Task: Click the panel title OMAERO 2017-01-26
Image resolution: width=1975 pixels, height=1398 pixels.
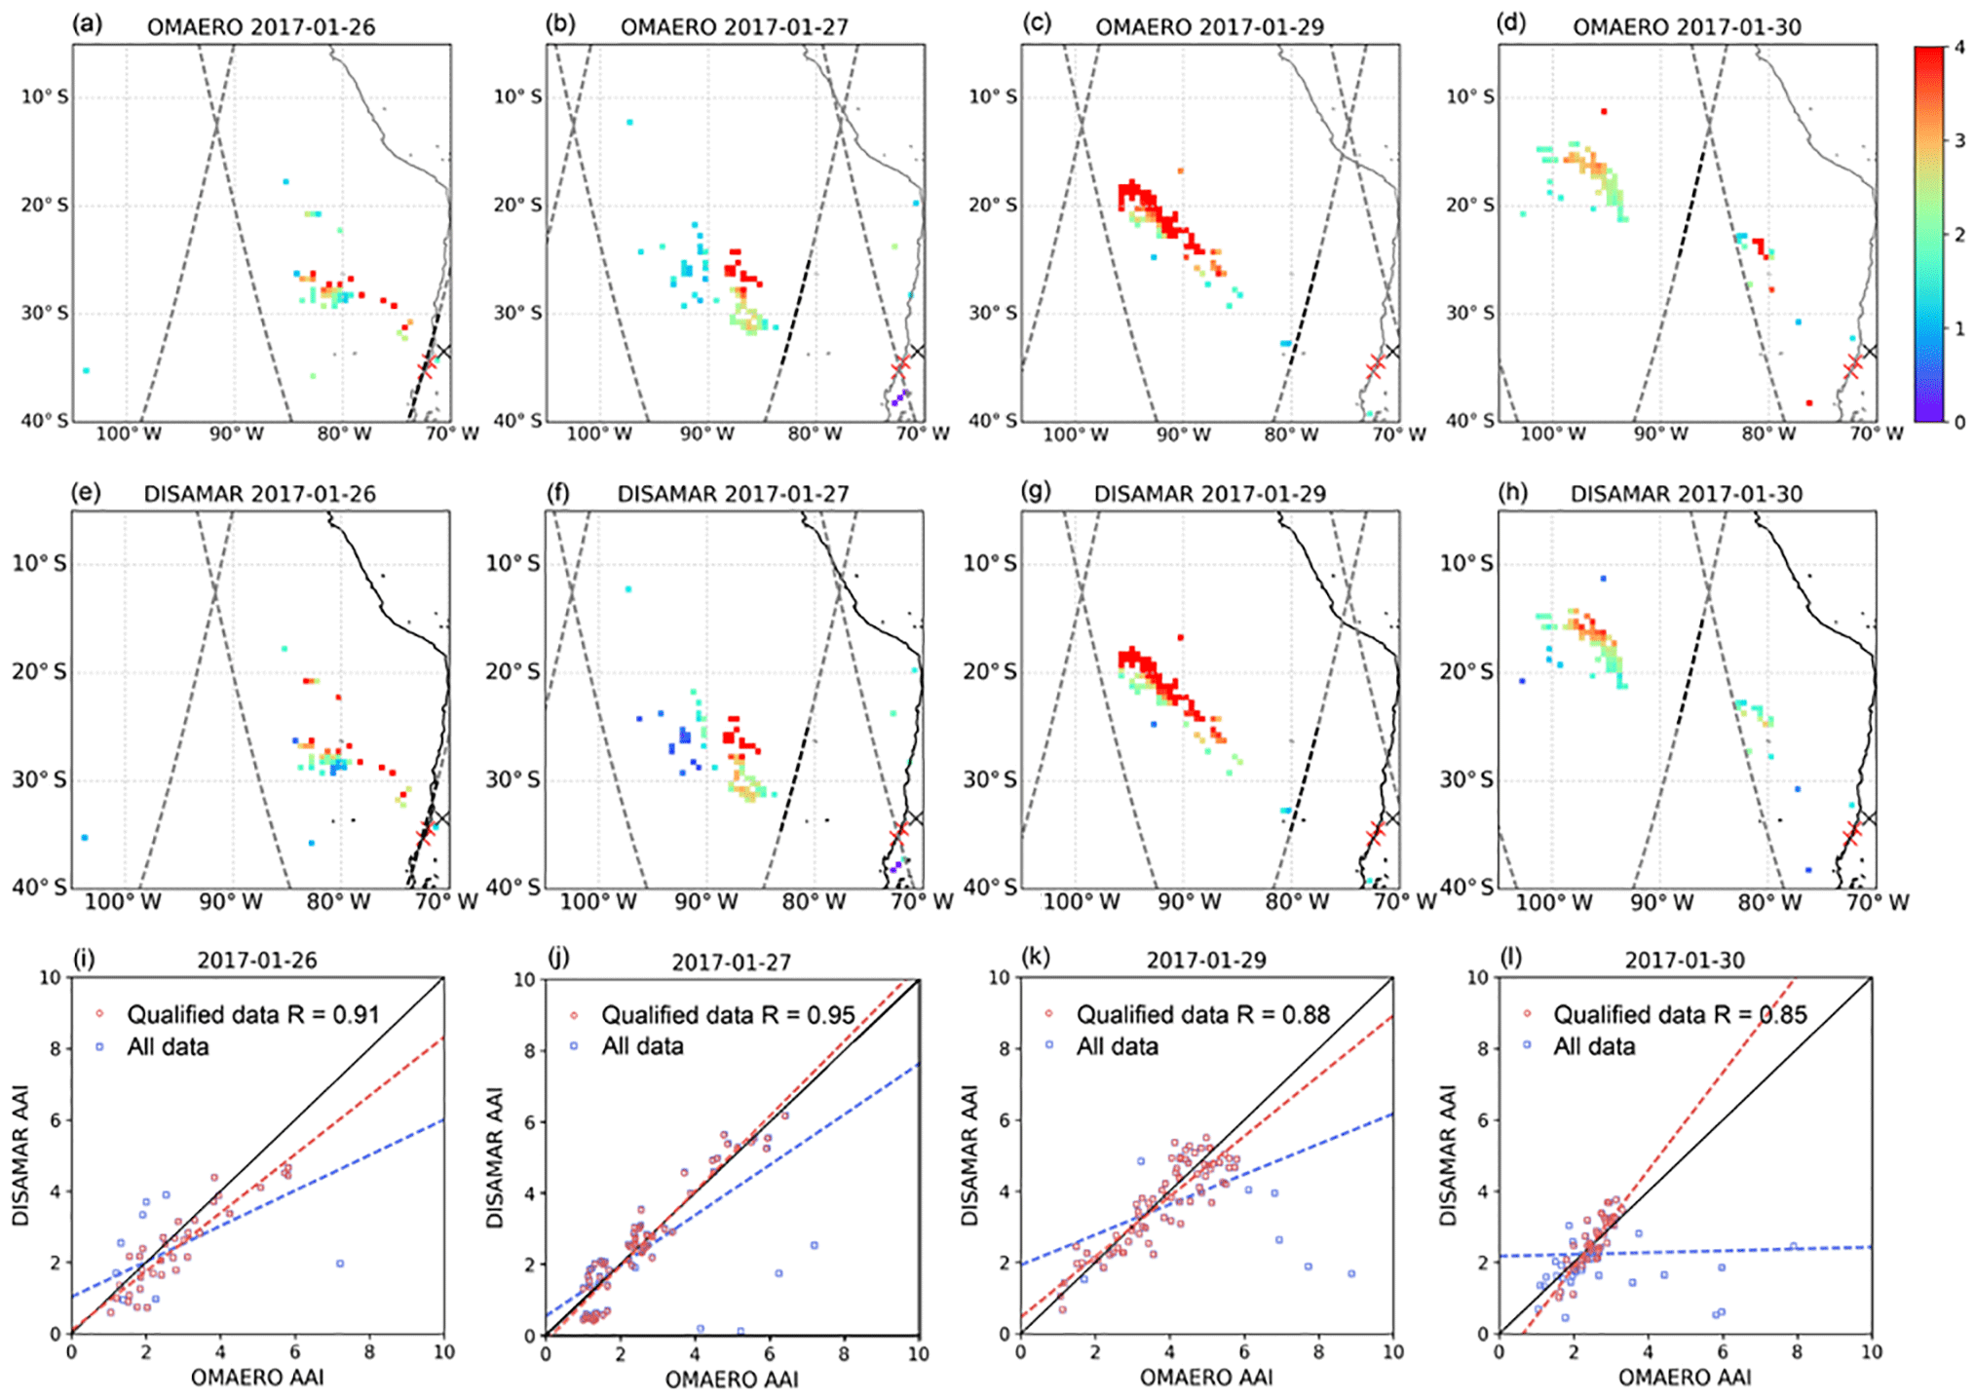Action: pyautogui.click(x=260, y=26)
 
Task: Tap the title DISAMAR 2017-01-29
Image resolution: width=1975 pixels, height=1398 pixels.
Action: pyautogui.click(x=1209, y=494)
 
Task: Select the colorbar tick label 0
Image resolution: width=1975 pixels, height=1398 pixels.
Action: pyautogui.click(x=1959, y=422)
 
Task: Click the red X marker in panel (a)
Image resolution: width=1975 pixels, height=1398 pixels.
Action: pyautogui.click(x=427, y=367)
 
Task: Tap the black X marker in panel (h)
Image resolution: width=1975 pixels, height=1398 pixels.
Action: pyautogui.click(x=1869, y=818)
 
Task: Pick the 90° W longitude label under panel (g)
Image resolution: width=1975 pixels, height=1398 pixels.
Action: pyautogui.click(x=1188, y=902)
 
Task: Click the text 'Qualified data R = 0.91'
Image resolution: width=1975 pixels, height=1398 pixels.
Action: pyautogui.click(x=252, y=1015)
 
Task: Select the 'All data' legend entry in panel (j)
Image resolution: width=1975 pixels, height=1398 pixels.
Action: pyautogui.click(x=642, y=1046)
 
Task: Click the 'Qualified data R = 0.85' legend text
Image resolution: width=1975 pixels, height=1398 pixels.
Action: pyautogui.click(x=1680, y=1015)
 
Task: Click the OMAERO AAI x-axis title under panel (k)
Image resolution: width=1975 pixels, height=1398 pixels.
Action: pyautogui.click(x=1206, y=1378)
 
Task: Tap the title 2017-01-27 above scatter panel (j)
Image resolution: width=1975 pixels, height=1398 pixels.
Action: pyautogui.click(x=731, y=963)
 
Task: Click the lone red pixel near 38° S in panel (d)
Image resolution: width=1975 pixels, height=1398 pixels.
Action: pyautogui.click(x=1808, y=402)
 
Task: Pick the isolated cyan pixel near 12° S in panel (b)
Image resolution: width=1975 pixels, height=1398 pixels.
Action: pyautogui.click(x=629, y=122)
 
